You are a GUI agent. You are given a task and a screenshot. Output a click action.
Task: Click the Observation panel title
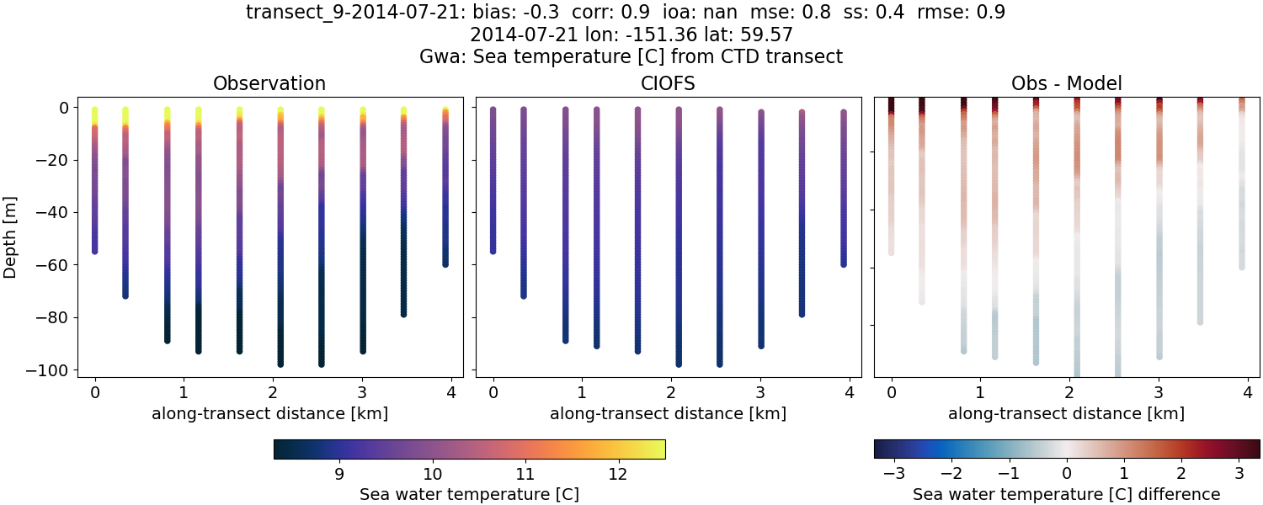(269, 83)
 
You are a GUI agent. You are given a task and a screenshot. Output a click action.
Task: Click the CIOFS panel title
(668, 83)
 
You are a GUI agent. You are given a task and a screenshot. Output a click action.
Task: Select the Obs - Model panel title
(1066, 83)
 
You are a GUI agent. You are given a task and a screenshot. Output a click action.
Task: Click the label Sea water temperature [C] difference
(1066, 494)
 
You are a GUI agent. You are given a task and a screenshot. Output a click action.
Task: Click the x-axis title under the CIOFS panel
(668, 413)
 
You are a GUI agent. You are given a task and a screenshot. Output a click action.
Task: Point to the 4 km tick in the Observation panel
(451, 391)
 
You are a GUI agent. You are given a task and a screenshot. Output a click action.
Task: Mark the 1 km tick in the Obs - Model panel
(980, 391)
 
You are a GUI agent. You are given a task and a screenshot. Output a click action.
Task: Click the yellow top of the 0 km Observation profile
(94, 112)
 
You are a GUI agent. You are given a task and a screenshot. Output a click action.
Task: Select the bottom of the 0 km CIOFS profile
(493, 250)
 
